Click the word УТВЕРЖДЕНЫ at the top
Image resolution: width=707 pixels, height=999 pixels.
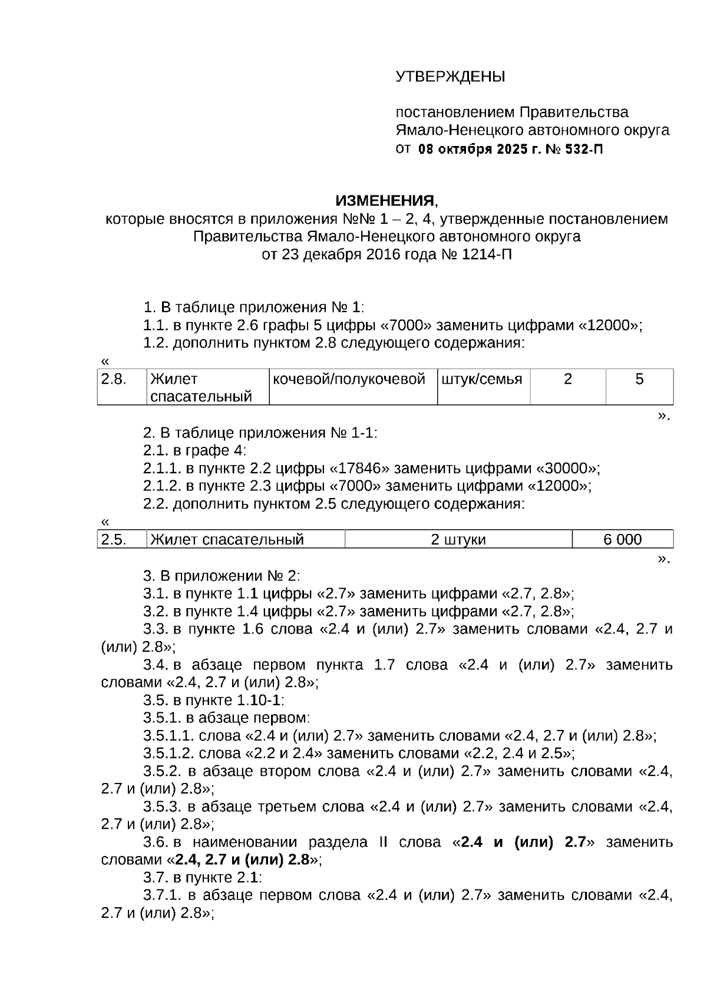coord(450,77)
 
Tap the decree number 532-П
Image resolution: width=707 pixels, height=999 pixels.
coord(582,150)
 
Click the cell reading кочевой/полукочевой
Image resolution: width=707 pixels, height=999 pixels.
coord(349,380)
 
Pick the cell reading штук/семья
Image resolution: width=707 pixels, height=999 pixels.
coord(482,380)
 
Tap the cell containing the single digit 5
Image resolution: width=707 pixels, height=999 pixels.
coord(639,380)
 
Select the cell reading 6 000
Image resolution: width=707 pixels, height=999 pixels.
coord(622,540)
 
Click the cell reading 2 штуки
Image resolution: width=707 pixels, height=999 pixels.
coord(458,540)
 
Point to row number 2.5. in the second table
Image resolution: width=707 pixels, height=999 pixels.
coord(114,540)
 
